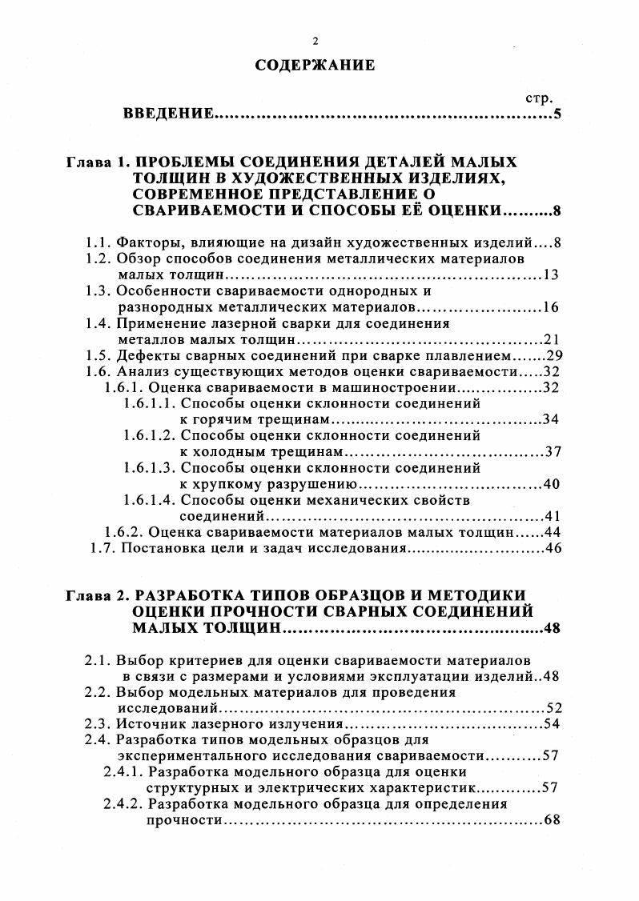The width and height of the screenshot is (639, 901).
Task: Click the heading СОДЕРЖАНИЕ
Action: [x=315, y=66]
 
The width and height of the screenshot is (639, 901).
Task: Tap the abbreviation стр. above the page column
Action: [x=538, y=98]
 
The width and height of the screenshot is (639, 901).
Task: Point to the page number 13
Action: [x=551, y=275]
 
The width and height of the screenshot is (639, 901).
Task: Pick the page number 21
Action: [x=551, y=338]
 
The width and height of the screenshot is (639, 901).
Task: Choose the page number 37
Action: [x=553, y=451]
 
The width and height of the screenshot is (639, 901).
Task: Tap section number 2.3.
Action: [x=98, y=724]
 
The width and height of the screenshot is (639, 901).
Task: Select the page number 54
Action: [x=551, y=724]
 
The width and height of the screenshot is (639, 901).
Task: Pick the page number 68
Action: [x=551, y=820]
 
